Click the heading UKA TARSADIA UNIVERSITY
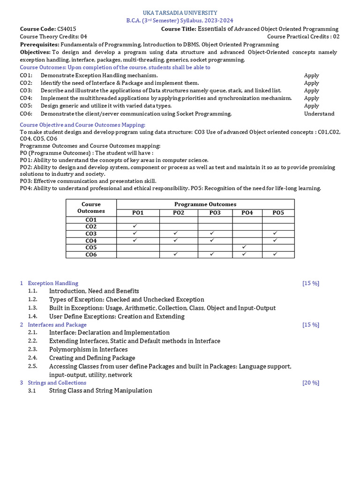click(180, 13)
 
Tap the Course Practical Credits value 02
click(336, 37)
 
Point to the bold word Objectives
click(35, 52)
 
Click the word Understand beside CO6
click(319, 113)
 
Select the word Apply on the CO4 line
click(311, 98)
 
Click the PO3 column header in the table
click(215, 213)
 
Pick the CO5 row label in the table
click(91, 247)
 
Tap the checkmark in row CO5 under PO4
click(244, 247)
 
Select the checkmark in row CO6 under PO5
click(276, 254)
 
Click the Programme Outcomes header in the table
click(205, 204)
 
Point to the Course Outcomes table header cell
click(91, 208)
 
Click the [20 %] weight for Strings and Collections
click(311, 382)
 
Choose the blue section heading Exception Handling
click(53, 283)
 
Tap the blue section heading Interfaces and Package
click(57, 324)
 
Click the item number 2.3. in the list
click(32, 349)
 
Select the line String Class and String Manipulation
click(100, 390)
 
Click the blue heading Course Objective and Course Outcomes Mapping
click(82, 125)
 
